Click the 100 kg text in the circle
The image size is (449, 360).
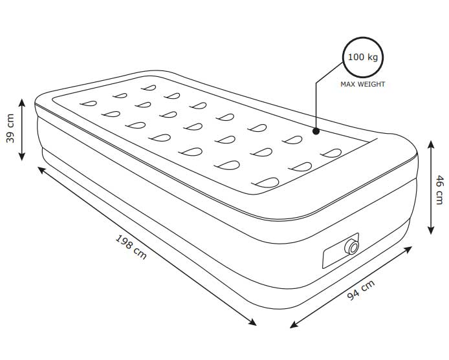(x=363, y=58)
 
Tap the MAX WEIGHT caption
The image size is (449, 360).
(x=362, y=85)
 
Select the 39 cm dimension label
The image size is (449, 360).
(x=10, y=128)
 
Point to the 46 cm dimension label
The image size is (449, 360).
(x=439, y=190)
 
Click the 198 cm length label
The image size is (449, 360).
(x=131, y=247)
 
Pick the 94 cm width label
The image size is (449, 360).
(x=360, y=290)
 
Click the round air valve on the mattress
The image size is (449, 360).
(x=352, y=247)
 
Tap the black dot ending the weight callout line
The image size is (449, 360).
(x=316, y=131)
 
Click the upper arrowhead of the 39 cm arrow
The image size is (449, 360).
(x=22, y=102)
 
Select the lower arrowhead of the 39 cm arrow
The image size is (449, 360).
(x=22, y=156)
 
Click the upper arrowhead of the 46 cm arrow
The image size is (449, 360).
(x=431, y=145)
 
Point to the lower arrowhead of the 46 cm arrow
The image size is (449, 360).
(x=431, y=230)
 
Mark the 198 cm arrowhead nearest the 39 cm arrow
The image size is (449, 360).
(x=41, y=170)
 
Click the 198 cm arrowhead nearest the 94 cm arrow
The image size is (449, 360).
(x=252, y=323)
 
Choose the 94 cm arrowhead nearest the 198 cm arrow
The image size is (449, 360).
(x=294, y=325)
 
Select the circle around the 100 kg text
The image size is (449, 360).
(x=363, y=58)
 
